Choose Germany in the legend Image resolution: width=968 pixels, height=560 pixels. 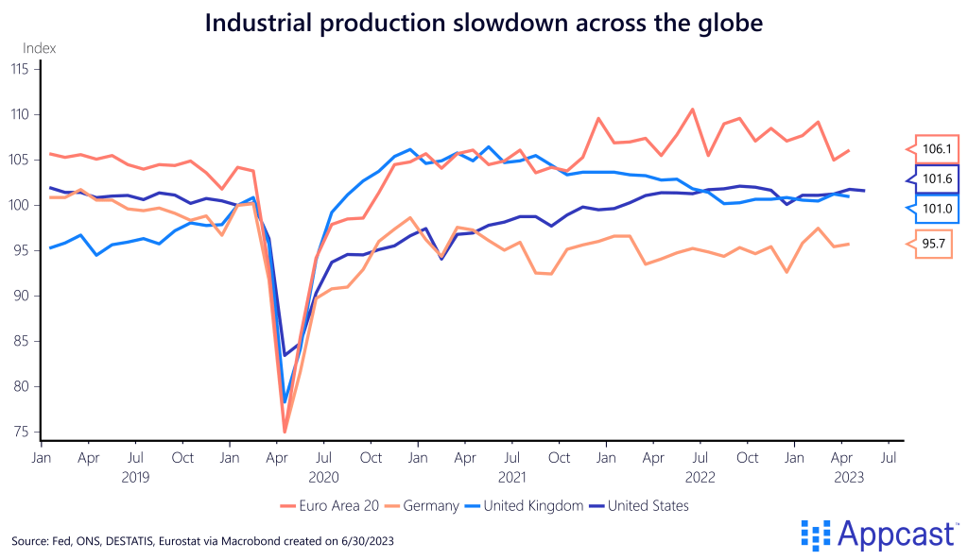[x=424, y=505]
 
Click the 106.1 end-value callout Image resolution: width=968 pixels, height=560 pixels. [x=938, y=149]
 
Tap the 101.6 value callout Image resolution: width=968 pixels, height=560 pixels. [x=938, y=178]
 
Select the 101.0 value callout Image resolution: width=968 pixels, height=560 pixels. [x=938, y=208]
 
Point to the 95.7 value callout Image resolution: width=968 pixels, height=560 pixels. [x=938, y=244]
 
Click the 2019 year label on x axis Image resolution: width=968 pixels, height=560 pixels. [x=135, y=477]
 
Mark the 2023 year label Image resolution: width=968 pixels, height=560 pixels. [x=848, y=477]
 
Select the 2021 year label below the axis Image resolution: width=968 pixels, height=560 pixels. [x=511, y=477]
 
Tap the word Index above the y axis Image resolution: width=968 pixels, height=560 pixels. [x=39, y=47]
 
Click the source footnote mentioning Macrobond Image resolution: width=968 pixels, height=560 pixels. [x=202, y=541]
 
